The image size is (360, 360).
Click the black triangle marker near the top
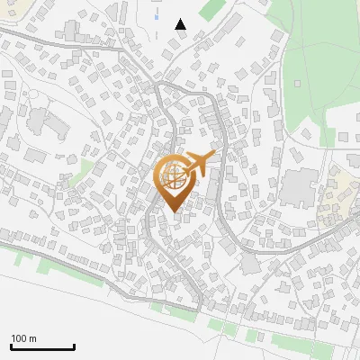[180, 24]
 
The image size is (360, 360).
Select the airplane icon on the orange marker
[199, 165]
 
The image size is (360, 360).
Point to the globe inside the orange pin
[173, 176]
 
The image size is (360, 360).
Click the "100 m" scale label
[23, 338]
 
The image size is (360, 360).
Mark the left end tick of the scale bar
[11, 346]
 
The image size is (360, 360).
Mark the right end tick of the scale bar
[74, 346]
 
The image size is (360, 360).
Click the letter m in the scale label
[32, 338]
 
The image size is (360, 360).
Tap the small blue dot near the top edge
[157, 18]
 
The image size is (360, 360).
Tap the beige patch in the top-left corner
[7, 7]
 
